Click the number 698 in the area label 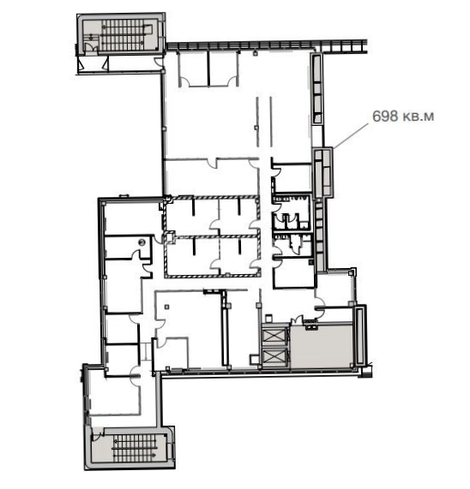tap(385, 116)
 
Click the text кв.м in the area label tap(418, 117)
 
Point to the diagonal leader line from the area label tap(351, 135)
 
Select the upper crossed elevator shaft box tap(274, 335)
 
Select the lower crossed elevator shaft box tap(274, 357)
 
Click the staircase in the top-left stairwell tap(124, 35)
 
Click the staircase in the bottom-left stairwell tap(135, 448)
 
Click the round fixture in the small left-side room tap(142, 242)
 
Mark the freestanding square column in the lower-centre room tap(166, 307)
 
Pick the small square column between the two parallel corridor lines tap(256, 128)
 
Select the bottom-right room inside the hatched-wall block tap(239, 255)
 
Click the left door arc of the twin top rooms tap(186, 81)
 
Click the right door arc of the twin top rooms tap(232, 81)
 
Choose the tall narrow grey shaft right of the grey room tap(359, 335)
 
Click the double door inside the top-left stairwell tap(89, 47)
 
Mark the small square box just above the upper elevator tap(268, 318)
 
